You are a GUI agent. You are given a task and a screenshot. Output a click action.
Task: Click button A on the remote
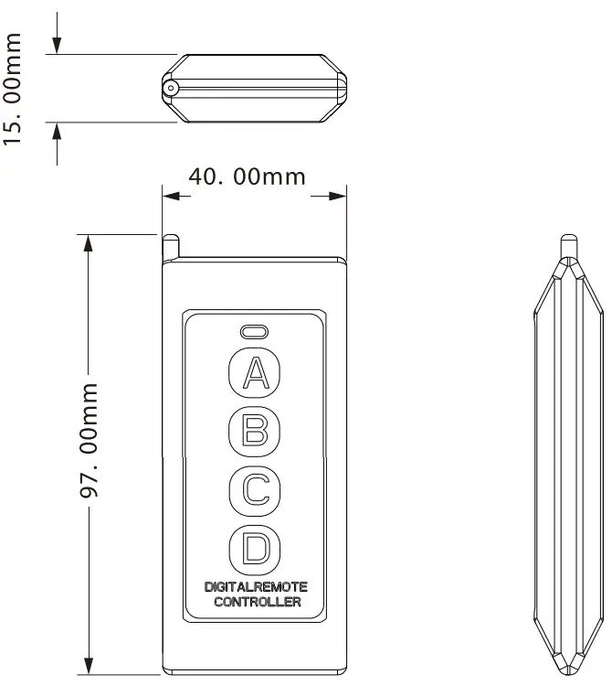[x=255, y=371]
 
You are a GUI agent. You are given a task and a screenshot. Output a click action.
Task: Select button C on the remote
[x=255, y=488]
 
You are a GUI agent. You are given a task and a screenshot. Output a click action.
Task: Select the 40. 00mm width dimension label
[x=247, y=176]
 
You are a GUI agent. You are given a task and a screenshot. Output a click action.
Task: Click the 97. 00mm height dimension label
[x=89, y=440]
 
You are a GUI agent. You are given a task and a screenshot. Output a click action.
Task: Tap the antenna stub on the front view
[x=170, y=248]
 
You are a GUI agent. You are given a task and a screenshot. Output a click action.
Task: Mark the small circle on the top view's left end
[x=170, y=88]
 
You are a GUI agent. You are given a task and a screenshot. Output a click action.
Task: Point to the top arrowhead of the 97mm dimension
[x=89, y=242]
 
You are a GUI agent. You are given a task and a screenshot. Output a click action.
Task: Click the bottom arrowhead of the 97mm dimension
[x=89, y=666]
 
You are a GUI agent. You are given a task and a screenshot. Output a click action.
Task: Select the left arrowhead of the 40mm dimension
[x=169, y=194]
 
